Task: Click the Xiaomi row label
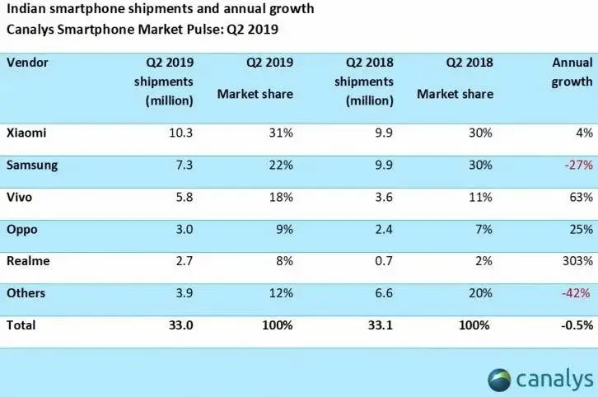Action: [x=26, y=133]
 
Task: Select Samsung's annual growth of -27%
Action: [x=579, y=165]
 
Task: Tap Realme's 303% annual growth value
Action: [x=577, y=261]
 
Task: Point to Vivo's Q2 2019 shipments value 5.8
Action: [x=184, y=197]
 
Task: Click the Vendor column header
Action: [x=27, y=63]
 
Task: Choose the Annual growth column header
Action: [x=572, y=72]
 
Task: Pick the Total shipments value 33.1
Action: [x=381, y=325]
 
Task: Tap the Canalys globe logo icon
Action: [x=499, y=380]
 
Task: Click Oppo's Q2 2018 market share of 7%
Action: [x=484, y=229]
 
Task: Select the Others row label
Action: [x=26, y=293]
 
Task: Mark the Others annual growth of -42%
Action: [x=576, y=293]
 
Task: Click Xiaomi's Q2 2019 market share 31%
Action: [x=281, y=133]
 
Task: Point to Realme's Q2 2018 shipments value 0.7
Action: [x=383, y=261]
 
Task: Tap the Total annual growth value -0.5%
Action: [x=577, y=325]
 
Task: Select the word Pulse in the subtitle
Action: [x=205, y=30]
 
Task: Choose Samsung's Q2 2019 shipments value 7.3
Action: [x=184, y=165]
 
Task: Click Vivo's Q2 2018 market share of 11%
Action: [x=480, y=197]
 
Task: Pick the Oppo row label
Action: [x=22, y=230]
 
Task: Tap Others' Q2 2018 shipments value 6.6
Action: [x=383, y=293]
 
